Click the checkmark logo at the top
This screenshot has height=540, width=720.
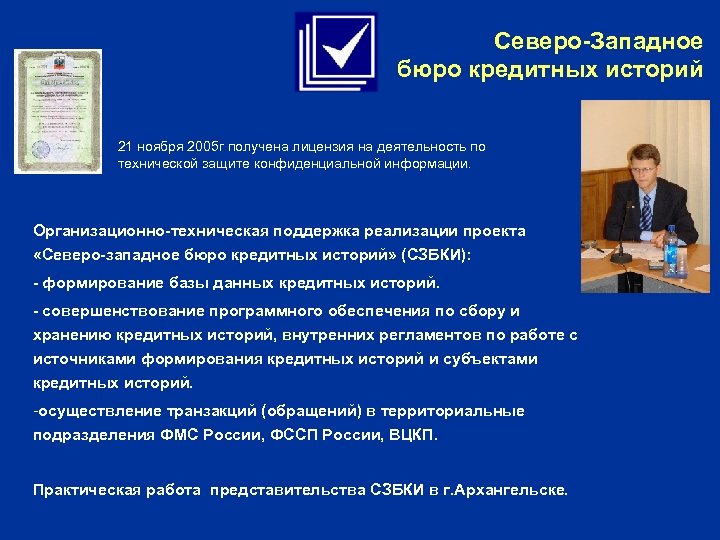[336, 52]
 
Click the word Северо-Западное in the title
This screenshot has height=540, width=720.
[598, 42]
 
